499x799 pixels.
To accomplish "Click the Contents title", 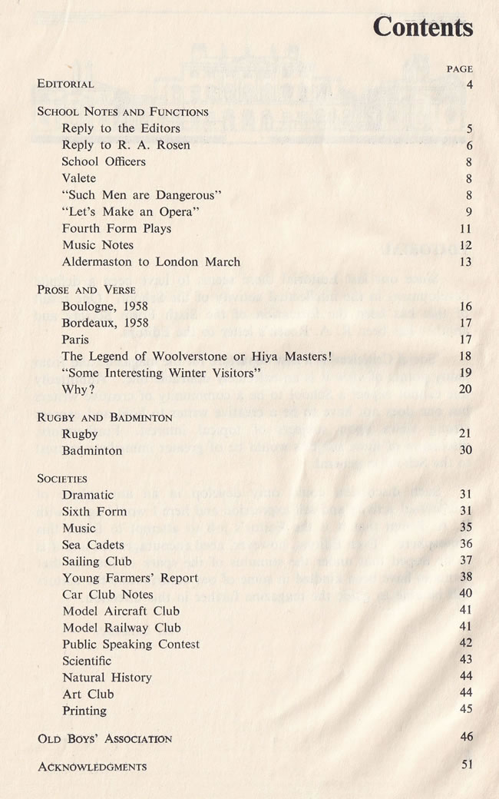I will point(422,28).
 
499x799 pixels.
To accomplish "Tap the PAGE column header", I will point(459,68).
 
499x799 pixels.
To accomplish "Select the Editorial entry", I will point(66,84).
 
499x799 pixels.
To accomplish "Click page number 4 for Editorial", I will point(468,83).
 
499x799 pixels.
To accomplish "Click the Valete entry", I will point(79,178).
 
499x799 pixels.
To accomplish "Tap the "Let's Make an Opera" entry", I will point(131,212).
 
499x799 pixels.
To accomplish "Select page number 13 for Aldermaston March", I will point(465,262).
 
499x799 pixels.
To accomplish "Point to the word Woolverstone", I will point(207,356).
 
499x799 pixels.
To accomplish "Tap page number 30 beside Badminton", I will point(465,450).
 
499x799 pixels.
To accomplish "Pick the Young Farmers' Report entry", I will point(130,578).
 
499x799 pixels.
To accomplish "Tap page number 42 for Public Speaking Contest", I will point(465,643).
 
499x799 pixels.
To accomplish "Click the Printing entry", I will point(84,711).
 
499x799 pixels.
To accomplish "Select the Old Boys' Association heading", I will point(104,739).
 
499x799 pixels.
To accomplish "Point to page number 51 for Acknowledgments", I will point(465,764).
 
